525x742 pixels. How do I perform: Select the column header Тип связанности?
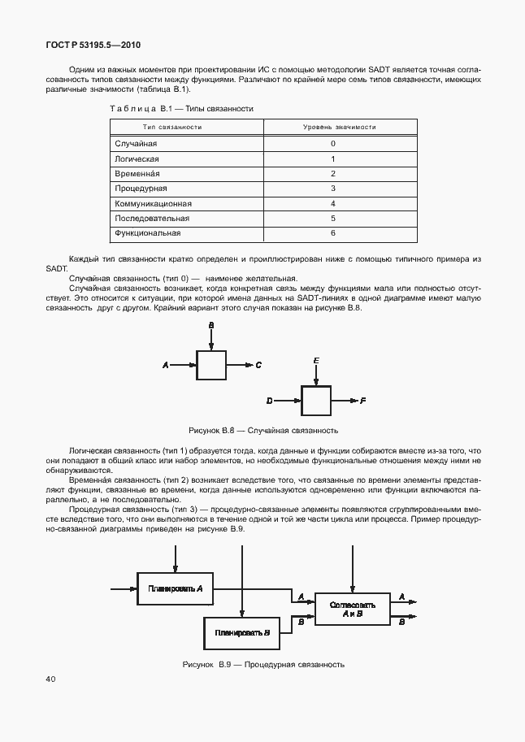(172, 127)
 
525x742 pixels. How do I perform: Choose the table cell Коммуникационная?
(154, 203)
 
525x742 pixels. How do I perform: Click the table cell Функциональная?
(147, 233)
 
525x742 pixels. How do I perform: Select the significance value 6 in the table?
(333, 233)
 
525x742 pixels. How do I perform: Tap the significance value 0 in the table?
(333, 144)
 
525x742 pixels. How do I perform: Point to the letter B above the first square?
(211, 325)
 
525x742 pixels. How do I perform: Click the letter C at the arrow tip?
(258, 366)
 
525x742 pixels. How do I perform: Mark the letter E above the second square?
(316, 359)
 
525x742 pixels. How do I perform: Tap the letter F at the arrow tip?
(362, 401)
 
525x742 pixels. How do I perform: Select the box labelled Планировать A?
(175, 588)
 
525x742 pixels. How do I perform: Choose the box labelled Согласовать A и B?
(353, 609)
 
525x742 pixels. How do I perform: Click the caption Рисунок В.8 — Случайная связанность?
(262, 430)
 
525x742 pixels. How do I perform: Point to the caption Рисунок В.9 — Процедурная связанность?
(263, 664)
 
